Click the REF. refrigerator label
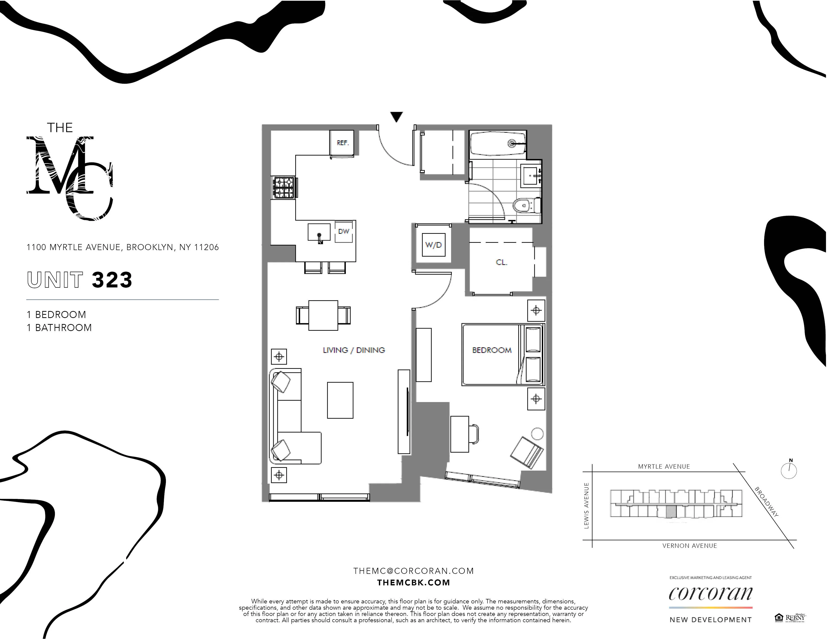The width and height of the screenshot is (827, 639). click(342, 143)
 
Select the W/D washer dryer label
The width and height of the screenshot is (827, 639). click(434, 245)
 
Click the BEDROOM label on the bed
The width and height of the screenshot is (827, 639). click(491, 350)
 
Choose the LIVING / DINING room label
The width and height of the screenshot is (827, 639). click(354, 350)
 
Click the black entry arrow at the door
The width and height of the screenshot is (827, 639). click(396, 117)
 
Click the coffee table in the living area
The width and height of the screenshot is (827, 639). click(340, 400)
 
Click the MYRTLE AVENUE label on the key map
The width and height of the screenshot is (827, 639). click(664, 466)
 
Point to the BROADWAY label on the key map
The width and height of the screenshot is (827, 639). click(766, 502)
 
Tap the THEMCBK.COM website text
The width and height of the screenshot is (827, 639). click(413, 583)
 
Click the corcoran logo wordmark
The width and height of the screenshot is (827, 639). click(710, 594)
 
